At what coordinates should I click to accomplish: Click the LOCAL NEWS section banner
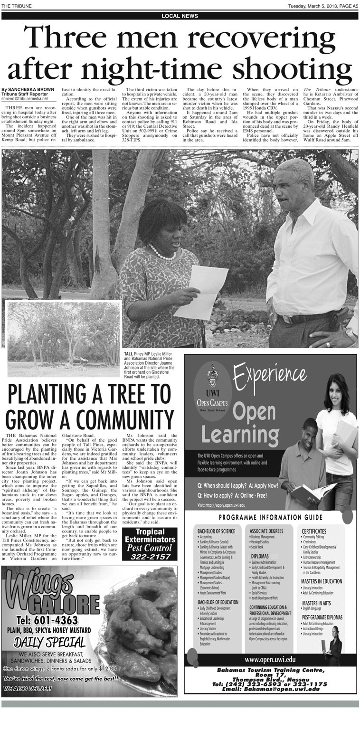[180, 16]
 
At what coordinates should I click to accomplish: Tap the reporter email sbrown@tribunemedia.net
[24, 99]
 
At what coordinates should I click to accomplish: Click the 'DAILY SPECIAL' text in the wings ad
[50, 642]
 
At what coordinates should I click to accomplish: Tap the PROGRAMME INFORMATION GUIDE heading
[271, 517]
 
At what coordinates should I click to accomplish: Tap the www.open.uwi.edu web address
[270, 659]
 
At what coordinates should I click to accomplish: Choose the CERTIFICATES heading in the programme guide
[314, 531]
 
